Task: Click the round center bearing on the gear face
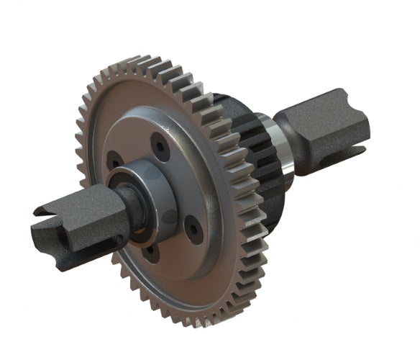coord(148,198)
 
